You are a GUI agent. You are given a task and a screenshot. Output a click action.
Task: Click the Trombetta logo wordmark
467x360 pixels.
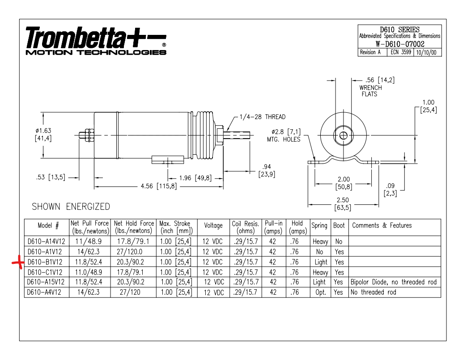point(96,41)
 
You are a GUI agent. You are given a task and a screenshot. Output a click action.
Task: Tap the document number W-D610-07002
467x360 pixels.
point(400,44)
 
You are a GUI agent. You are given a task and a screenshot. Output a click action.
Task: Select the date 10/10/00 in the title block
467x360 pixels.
point(426,52)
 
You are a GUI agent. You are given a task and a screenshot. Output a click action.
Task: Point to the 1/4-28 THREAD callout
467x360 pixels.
point(263,117)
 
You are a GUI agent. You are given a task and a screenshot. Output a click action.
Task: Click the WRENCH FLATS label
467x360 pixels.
point(370,91)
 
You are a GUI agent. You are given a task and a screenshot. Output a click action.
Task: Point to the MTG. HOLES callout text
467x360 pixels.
point(284,140)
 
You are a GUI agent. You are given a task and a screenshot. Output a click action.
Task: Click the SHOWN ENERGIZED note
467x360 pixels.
point(71,206)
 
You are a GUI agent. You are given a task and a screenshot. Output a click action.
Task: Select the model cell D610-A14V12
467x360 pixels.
point(46,241)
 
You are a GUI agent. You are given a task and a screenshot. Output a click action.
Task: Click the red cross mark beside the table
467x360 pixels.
point(18,263)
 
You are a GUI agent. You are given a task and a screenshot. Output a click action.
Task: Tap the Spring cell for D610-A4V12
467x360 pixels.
point(320,292)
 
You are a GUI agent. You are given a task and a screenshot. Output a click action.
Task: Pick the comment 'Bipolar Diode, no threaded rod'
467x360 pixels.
point(394,282)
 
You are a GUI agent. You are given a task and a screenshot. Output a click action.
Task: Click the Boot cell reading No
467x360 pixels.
point(339,241)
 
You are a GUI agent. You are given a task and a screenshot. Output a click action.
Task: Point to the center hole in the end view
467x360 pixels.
point(344,136)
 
